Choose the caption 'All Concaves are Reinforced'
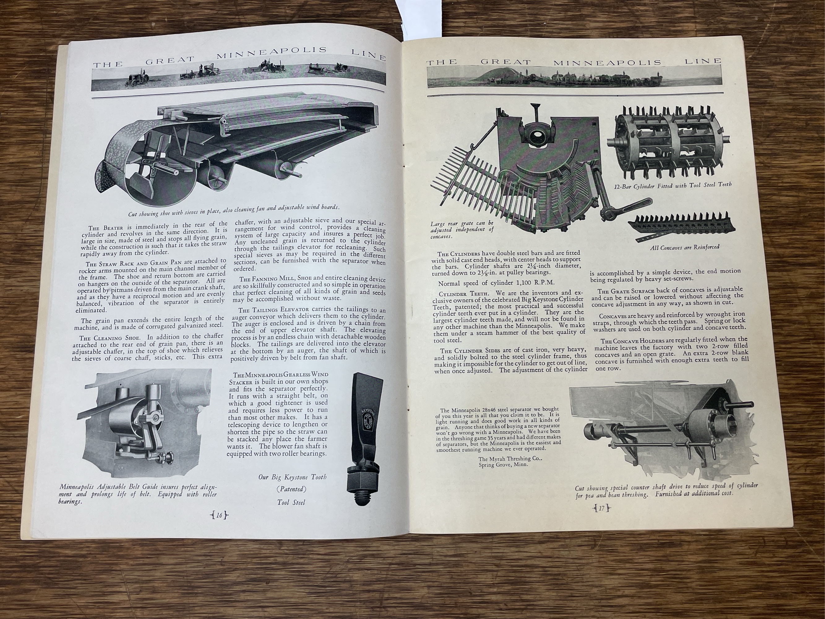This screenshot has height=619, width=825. (684, 247)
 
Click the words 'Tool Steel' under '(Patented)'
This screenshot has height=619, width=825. (291, 503)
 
